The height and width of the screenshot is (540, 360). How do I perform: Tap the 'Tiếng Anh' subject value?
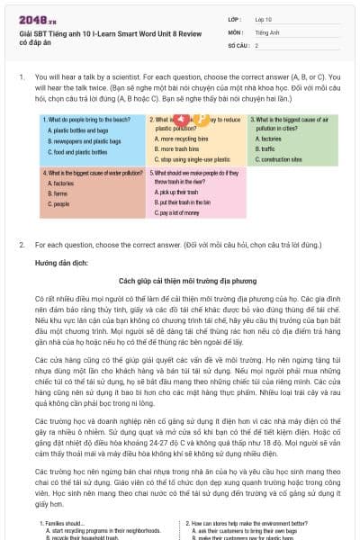(x=267, y=31)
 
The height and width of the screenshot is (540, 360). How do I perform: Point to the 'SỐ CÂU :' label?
(x=238, y=44)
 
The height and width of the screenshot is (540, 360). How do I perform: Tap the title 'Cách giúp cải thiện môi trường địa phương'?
(x=179, y=279)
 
